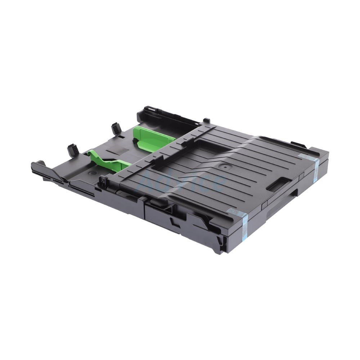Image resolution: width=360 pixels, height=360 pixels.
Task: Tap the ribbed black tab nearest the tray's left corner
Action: tap(72, 148)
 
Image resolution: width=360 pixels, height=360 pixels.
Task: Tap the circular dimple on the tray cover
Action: tap(226, 167)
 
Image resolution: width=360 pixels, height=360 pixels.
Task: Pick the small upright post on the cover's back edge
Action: tap(206, 120)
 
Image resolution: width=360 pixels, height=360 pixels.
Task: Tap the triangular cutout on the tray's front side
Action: tap(176, 220)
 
